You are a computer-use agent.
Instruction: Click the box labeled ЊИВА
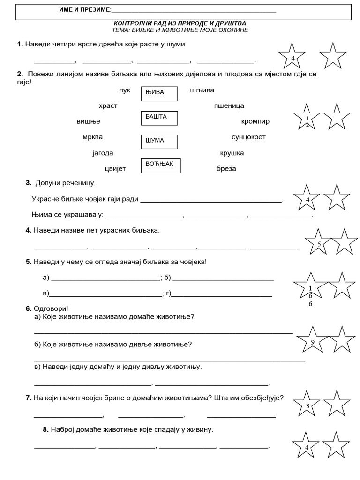[x=159, y=94]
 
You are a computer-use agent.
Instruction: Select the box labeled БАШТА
[x=159, y=118]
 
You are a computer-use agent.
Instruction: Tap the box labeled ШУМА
[x=159, y=142]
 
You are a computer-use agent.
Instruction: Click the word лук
[x=125, y=90]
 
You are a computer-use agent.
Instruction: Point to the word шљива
[x=202, y=90]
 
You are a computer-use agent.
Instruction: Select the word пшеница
[x=229, y=106]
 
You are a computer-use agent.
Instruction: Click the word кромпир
[x=255, y=121]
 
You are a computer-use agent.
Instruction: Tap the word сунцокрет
[x=248, y=137]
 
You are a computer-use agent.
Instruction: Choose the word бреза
[x=226, y=168]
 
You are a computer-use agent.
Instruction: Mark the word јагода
[x=103, y=153]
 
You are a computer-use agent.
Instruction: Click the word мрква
[x=92, y=137]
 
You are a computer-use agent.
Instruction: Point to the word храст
[x=108, y=106]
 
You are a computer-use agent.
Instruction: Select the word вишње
[x=88, y=121]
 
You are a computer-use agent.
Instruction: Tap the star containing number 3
[x=307, y=404]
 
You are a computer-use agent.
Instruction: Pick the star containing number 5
[x=319, y=242]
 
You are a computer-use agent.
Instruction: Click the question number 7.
[x=28, y=398]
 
